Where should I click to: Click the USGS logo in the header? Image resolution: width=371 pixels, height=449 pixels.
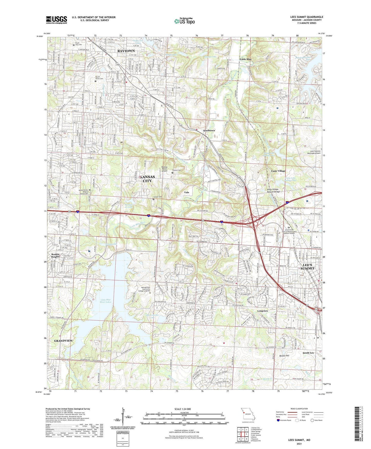[56, 20]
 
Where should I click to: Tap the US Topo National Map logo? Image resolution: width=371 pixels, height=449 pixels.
[184, 21]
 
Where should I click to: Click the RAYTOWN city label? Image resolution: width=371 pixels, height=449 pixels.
[126, 51]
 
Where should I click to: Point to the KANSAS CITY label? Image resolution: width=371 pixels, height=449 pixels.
[147, 179]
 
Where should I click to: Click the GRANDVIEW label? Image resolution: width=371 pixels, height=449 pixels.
[63, 341]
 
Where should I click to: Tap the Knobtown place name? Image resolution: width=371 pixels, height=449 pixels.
[209, 131]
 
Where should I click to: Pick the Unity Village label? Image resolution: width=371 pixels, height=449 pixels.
[278, 171]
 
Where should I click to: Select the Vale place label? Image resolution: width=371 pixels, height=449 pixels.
[187, 192]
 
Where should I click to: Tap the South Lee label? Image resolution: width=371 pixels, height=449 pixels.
[308, 353]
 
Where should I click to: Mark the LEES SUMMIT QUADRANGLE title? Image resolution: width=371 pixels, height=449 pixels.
[307, 17]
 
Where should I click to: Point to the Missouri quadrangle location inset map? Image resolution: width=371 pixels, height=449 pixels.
[248, 415]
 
